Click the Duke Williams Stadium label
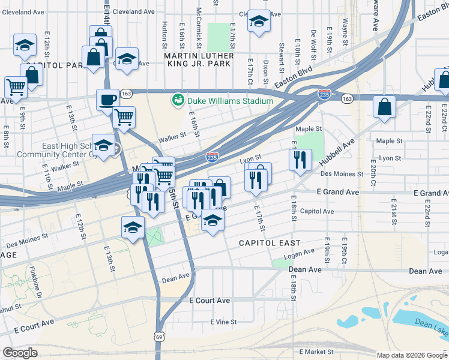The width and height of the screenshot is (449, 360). (x=230, y=101)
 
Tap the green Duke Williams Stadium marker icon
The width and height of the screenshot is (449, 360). (x=178, y=100)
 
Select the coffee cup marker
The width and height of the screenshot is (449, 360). (x=108, y=99)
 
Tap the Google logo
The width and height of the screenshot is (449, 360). (x=20, y=353)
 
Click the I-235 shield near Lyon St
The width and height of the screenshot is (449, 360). (x=212, y=157)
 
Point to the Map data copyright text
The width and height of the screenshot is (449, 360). (x=411, y=355)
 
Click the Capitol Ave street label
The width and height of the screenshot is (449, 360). (x=316, y=211)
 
